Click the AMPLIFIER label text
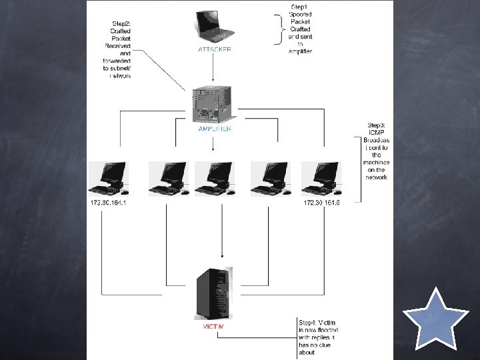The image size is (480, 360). [214, 129]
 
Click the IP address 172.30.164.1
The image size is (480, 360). [107, 203]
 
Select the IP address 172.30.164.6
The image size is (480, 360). [321, 203]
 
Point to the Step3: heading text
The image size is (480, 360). [377, 125]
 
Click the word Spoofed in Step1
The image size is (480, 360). [300, 15]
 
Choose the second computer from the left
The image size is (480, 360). [167, 177]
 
